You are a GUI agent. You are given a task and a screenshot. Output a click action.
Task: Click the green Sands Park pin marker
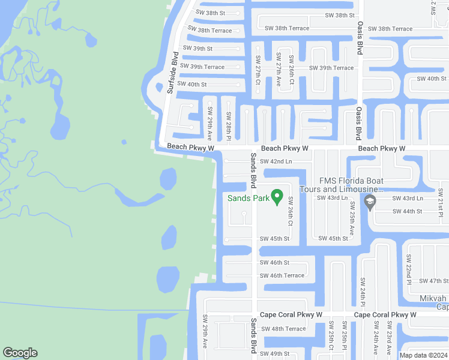(x=277, y=196)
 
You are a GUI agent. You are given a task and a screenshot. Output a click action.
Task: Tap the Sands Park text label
(x=247, y=197)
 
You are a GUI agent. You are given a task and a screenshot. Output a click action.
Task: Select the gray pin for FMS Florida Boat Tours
(x=370, y=203)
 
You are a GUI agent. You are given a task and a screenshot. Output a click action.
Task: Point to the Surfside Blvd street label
(x=173, y=73)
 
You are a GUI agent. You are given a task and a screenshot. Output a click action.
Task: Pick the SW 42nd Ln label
(x=276, y=161)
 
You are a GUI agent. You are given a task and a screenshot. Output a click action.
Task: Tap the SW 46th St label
(x=274, y=262)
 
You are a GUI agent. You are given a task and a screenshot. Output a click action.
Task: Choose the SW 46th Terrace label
(x=282, y=275)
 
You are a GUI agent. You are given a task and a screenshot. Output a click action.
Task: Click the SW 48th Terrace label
(x=283, y=329)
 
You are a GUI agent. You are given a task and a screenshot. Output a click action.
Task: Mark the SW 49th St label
(x=275, y=353)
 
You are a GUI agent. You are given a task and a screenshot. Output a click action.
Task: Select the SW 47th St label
(x=434, y=281)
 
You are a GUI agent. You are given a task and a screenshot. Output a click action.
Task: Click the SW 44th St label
(x=408, y=211)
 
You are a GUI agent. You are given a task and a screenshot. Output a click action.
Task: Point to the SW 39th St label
(x=197, y=48)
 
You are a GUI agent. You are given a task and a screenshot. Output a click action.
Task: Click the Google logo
(x=20, y=353)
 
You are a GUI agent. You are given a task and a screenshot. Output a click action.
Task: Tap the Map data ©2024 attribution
(x=424, y=355)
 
